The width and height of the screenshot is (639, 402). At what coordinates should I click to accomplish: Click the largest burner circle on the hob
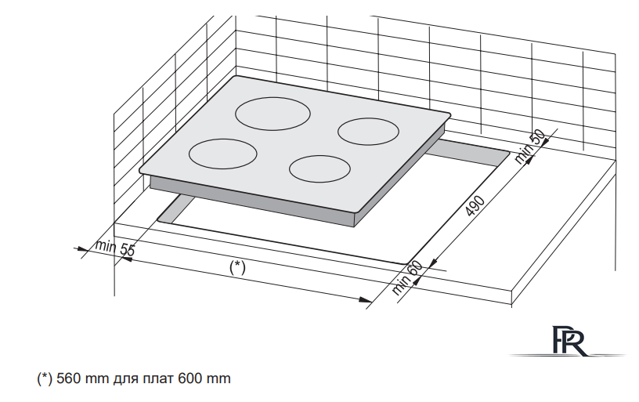[273, 97]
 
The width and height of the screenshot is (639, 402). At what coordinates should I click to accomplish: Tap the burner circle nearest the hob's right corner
[368, 118]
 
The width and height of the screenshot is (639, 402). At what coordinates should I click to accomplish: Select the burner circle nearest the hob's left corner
[223, 139]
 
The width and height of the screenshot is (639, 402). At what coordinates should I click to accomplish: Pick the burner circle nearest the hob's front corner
[320, 156]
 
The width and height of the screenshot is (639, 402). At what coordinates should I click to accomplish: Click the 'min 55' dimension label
[114, 248]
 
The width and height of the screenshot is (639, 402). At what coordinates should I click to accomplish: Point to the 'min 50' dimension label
[529, 147]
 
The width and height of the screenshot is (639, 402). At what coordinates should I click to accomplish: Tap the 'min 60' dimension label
[407, 277]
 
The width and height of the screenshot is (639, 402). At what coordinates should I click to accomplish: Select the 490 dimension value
[475, 205]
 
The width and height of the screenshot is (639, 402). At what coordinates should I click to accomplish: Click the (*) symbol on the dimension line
[237, 267]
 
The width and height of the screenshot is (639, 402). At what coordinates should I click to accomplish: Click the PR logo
[569, 341]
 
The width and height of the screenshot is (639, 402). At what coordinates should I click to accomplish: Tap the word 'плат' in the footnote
[158, 379]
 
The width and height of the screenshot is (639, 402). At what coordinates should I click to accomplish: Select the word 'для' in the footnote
[126, 379]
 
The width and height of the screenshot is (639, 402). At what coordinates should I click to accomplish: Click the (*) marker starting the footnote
[45, 378]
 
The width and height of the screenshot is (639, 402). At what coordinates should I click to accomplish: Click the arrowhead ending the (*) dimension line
[365, 299]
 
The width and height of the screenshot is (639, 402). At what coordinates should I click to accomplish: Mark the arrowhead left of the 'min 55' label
[81, 248]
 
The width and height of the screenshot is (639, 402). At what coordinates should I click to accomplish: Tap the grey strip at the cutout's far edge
[468, 153]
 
